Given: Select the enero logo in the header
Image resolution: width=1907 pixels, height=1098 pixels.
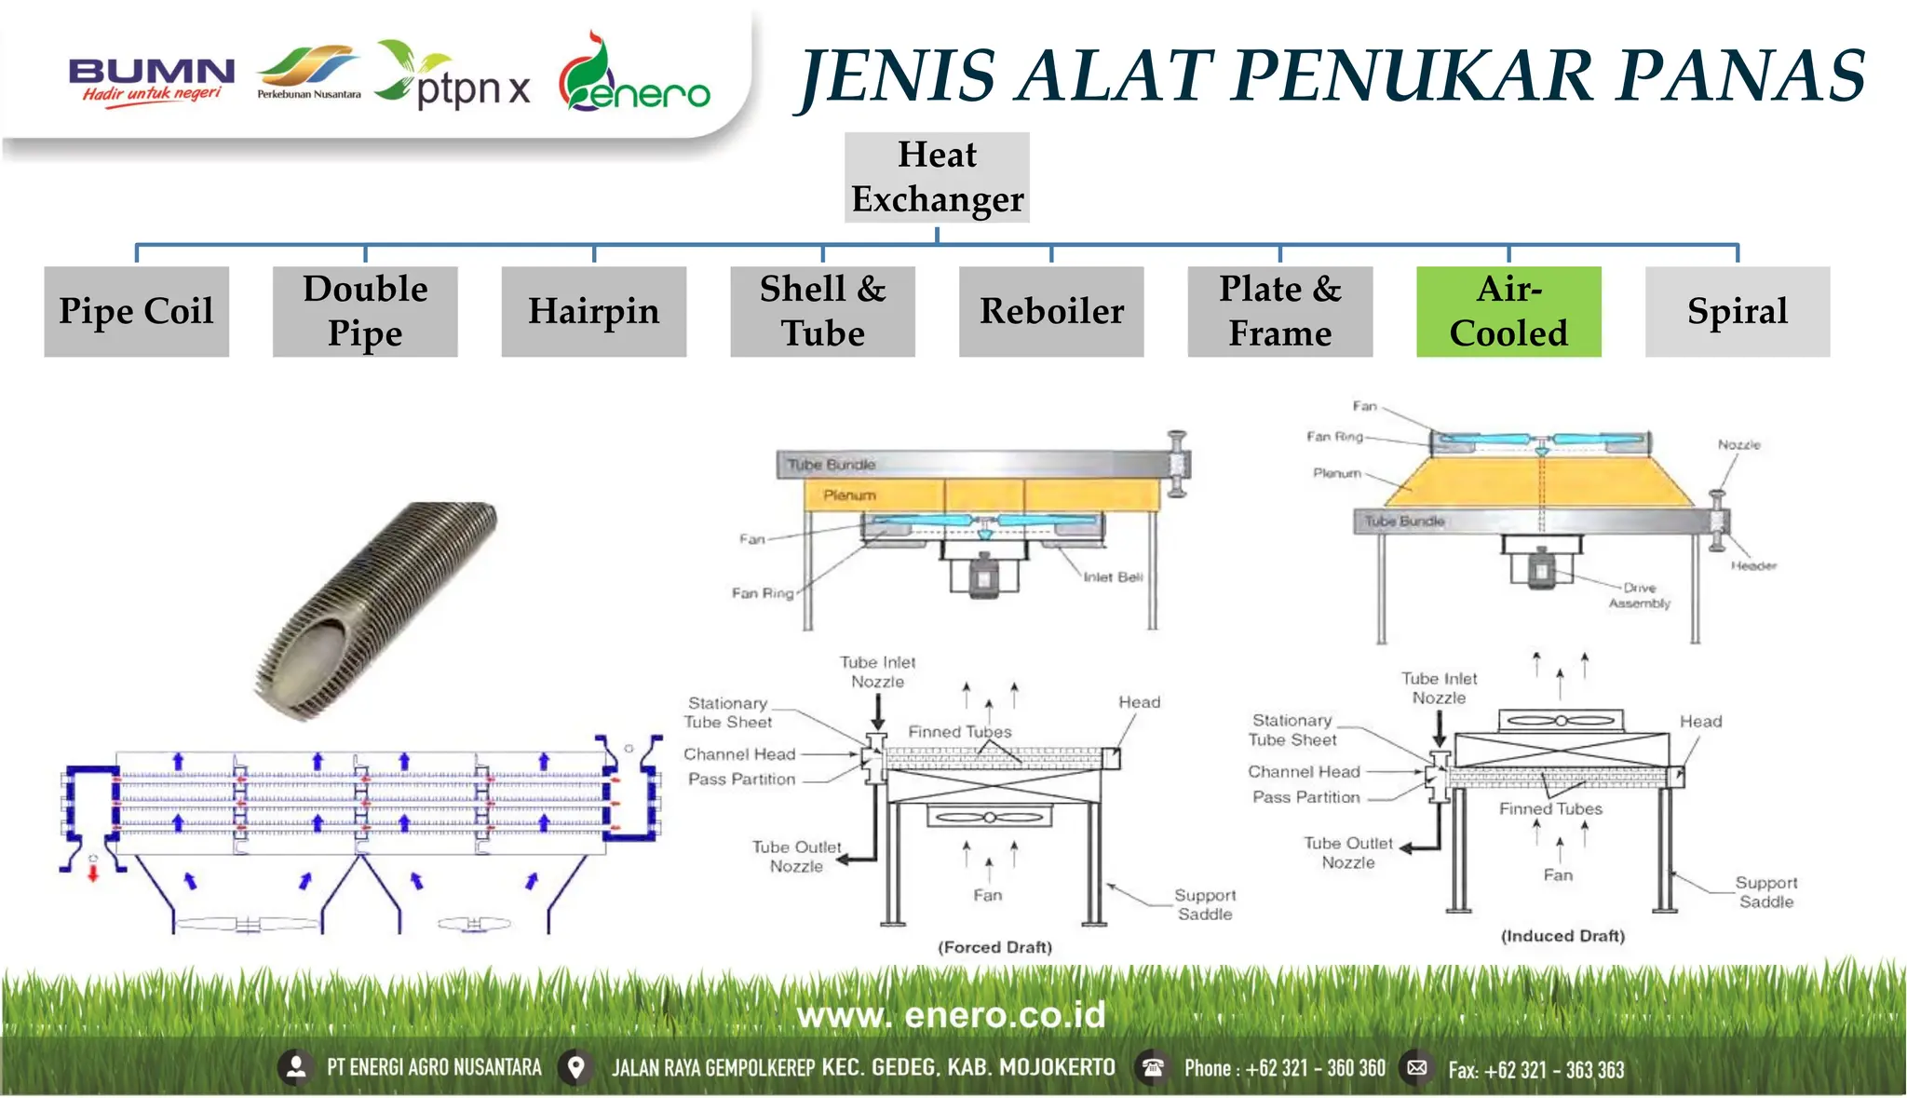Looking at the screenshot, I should [x=633, y=77].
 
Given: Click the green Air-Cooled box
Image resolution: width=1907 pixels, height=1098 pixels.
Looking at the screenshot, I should [x=1508, y=311].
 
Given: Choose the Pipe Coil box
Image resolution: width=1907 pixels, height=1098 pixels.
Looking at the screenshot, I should [x=136, y=311].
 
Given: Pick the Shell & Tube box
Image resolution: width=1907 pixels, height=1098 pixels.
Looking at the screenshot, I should [x=822, y=311].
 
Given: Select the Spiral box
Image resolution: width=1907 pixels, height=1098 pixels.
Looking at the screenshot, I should [x=1737, y=311].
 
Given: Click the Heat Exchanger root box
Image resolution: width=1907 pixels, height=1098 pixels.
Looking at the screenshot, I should [x=937, y=177].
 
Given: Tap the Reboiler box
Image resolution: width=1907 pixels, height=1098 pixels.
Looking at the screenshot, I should [x=1051, y=311].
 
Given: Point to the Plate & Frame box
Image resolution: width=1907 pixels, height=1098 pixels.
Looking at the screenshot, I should [x=1279, y=311].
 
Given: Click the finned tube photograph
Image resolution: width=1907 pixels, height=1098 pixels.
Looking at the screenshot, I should [x=377, y=610].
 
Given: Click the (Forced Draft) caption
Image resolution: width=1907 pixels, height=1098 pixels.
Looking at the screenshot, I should [x=994, y=947].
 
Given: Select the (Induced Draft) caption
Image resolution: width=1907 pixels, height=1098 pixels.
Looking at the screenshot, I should [x=1562, y=936].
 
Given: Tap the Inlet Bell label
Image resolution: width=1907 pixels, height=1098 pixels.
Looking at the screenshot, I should [x=1113, y=577].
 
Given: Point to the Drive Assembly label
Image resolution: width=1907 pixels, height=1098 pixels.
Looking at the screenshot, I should [x=1640, y=596].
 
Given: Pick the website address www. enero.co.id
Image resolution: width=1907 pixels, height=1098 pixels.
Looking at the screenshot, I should [x=951, y=1015].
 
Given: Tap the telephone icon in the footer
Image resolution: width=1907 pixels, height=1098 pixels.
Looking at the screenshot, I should [x=1153, y=1067].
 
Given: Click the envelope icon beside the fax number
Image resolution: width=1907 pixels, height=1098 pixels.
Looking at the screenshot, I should [x=1417, y=1067].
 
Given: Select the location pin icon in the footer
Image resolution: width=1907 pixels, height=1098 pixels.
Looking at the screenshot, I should [x=576, y=1067].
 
